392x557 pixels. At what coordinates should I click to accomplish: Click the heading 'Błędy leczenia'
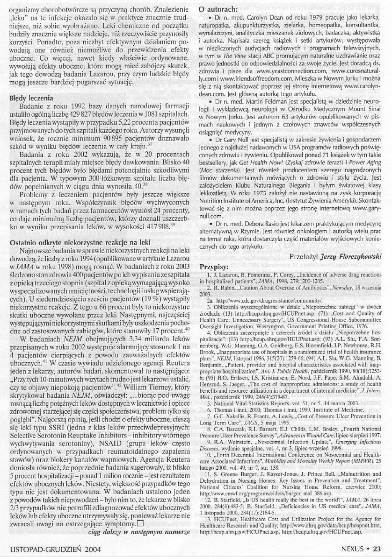(x=32, y=99)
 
